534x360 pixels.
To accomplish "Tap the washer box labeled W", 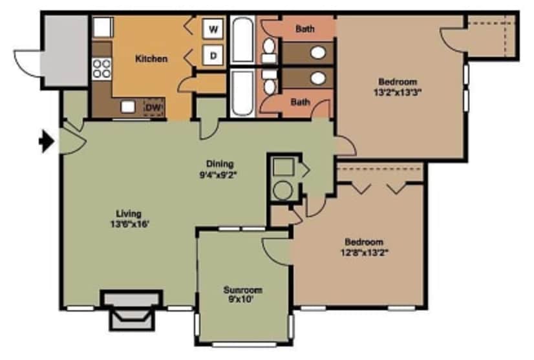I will coord(213,29).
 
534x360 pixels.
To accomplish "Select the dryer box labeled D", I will coord(213,56).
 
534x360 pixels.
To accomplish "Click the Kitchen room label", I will coord(151,59).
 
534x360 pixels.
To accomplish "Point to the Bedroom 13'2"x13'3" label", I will coord(397,87).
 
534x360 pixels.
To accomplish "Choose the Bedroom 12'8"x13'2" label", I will coord(363,247).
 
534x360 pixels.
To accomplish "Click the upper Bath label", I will coord(304,29).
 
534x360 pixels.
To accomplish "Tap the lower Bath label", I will coord(300,101).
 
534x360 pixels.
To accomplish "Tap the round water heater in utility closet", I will coord(283,191).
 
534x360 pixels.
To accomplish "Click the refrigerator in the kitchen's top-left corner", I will coord(102,27).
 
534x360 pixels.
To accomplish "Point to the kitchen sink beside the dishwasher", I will coord(129,107).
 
